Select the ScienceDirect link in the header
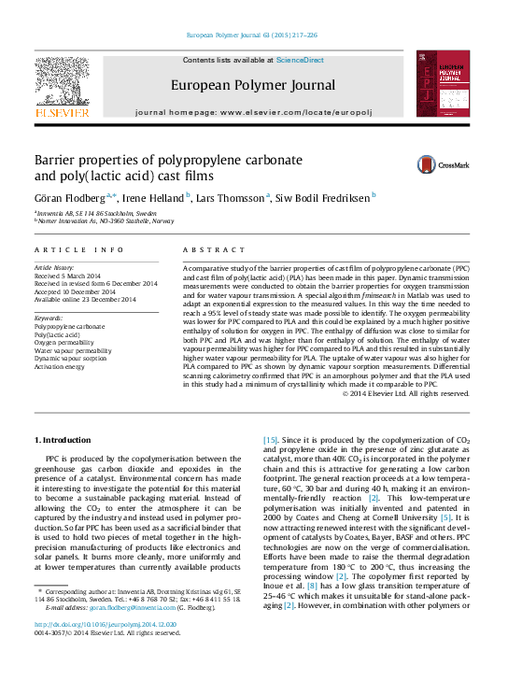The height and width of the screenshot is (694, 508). [x=302, y=60]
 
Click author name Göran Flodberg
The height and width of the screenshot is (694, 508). [x=70, y=197]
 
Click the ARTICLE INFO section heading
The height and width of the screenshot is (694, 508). [x=79, y=249]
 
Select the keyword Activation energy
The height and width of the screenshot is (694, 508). [x=65, y=365]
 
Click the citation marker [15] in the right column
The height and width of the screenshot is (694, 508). [x=270, y=439]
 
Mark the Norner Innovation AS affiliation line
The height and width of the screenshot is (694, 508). [x=106, y=221]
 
